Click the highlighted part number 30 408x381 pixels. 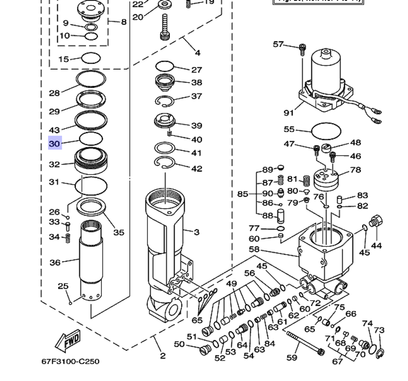(x=55, y=144)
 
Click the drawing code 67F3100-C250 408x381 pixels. (x=70, y=361)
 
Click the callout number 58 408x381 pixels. (x=254, y=249)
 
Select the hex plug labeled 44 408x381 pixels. (x=375, y=222)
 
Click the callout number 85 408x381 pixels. (x=243, y=193)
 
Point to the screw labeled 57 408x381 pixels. (x=302, y=49)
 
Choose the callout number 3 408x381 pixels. (x=196, y=232)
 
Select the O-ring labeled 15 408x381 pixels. (x=91, y=58)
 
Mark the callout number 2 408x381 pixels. (x=162, y=356)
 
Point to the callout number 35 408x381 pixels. (x=119, y=233)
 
